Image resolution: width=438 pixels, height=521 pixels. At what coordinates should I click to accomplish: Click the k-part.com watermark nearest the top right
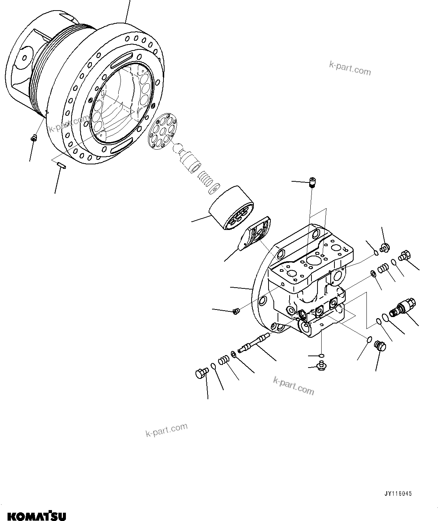pyautogui.click(x=350, y=68)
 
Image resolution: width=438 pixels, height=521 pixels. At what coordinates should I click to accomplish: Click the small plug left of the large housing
pyautogui.click(x=33, y=138)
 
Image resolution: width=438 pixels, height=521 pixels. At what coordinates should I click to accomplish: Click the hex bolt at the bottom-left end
pyautogui.click(x=201, y=374)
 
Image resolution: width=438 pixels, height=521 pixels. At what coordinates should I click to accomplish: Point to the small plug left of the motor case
pyautogui.click(x=236, y=311)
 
